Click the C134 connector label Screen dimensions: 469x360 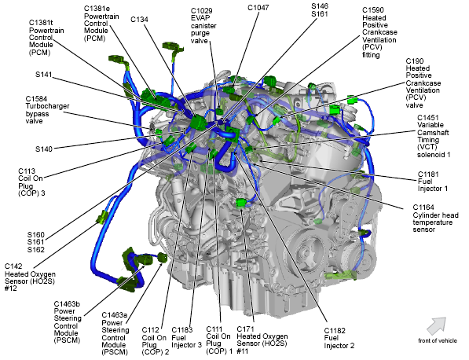(139, 20)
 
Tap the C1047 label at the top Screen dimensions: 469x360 (258, 8)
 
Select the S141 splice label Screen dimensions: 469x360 (44, 75)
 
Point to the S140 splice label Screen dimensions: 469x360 (44, 149)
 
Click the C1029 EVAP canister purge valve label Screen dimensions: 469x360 (203, 26)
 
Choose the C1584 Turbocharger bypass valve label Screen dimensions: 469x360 (47, 110)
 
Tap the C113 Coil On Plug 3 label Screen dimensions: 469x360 (31, 182)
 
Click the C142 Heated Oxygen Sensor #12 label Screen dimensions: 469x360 (30, 277)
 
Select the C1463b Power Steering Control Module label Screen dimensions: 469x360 (68, 322)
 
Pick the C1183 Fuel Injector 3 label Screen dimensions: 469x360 (187, 337)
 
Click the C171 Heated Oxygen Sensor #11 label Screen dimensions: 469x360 (262, 340)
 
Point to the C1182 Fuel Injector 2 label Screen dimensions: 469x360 (339, 338)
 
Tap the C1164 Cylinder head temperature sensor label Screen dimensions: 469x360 (435, 219)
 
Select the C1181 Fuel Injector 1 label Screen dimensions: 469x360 (433, 182)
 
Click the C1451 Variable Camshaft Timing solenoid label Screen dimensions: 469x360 (434, 136)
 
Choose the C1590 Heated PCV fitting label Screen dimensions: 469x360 (379, 32)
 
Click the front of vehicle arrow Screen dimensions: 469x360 (436, 326)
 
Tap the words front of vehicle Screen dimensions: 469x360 (438, 340)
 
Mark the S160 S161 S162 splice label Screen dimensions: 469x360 (36, 242)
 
